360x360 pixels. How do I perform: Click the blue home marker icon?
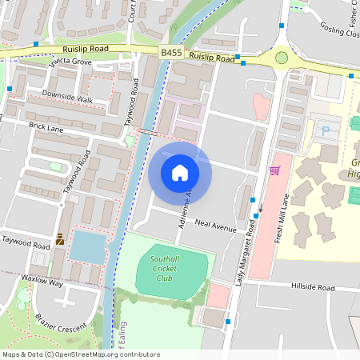pyautogui.click(x=179, y=173)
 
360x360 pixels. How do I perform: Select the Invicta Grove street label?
pyautogui.click(x=70, y=62)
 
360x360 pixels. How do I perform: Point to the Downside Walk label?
pyautogui.click(x=68, y=100)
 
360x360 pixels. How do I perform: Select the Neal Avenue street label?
pyautogui.click(x=216, y=228)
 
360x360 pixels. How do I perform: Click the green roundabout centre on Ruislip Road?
pyautogui.click(x=282, y=57)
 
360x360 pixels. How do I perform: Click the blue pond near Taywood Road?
pyautogui.click(x=86, y=248)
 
